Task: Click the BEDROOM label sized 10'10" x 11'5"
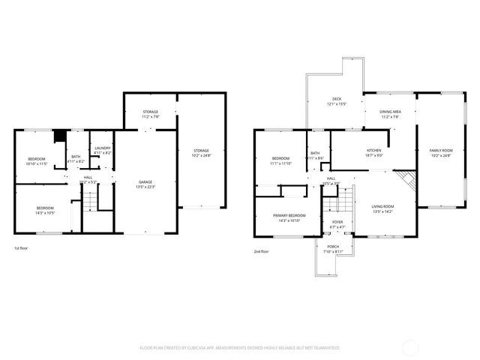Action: pyautogui.click(x=37, y=160)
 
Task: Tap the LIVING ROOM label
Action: pyautogui.click(x=383, y=208)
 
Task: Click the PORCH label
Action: pyautogui.click(x=332, y=248)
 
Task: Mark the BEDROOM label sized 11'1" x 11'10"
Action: pyautogui.click(x=280, y=160)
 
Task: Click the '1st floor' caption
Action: pyautogui.click(x=22, y=247)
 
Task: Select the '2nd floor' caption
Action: pyautogui.click(x=262, y=252)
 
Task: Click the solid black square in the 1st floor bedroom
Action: pyautogui.click(x=58, y=136)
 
